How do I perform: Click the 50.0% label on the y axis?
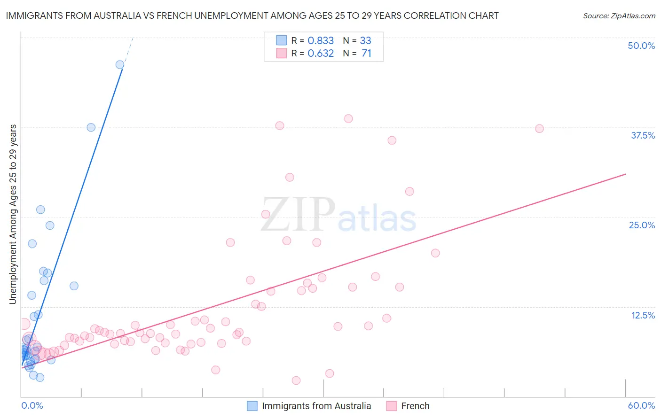641,46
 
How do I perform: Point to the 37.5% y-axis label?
643,135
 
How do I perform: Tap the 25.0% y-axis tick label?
642,225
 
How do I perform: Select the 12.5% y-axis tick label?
643,315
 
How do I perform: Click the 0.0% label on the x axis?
32,405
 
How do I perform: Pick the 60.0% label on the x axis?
641,405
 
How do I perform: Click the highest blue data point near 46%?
120,65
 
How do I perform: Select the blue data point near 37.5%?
91,127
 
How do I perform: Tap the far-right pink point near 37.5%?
539,129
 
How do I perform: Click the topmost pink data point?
348,119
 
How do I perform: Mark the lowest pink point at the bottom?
296,380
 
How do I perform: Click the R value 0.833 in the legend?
321,41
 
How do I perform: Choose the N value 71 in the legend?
366,54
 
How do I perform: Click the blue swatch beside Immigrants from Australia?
252,406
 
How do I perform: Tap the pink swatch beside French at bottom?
392,406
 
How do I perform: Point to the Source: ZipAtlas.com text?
619,16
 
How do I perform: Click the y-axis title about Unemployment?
13,214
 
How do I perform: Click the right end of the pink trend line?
625,174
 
